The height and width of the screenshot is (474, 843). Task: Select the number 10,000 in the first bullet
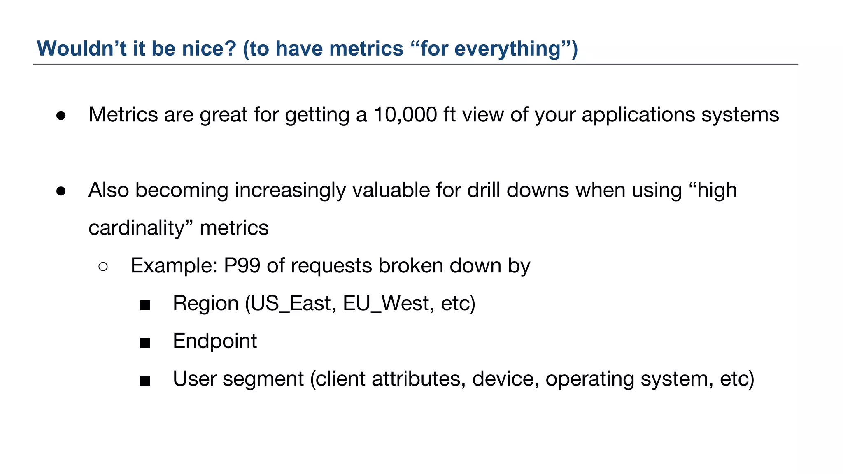pyautogui.click(x=405, y=115)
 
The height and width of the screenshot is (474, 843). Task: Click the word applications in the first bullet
pyautogui.click(x=638, y=115)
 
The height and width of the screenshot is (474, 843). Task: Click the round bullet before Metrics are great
pyautogui.click(x=61, y=116)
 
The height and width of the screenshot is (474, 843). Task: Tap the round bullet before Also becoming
pyautogui.click(x=61, y=191)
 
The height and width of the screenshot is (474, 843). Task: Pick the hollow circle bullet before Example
pyautogui.click(x=103, y=267)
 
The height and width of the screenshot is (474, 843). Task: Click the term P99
pyautogui.click(x=242, y=266)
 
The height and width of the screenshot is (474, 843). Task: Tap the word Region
pyautogui.click(x=205, y=304)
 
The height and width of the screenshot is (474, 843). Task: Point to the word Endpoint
pyautogui.click(x=214, y=341)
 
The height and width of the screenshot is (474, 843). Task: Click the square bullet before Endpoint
pyautogui.click(x=145, y=343)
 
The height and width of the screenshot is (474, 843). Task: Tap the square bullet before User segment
pyautogui.click(x=145, y=381)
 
